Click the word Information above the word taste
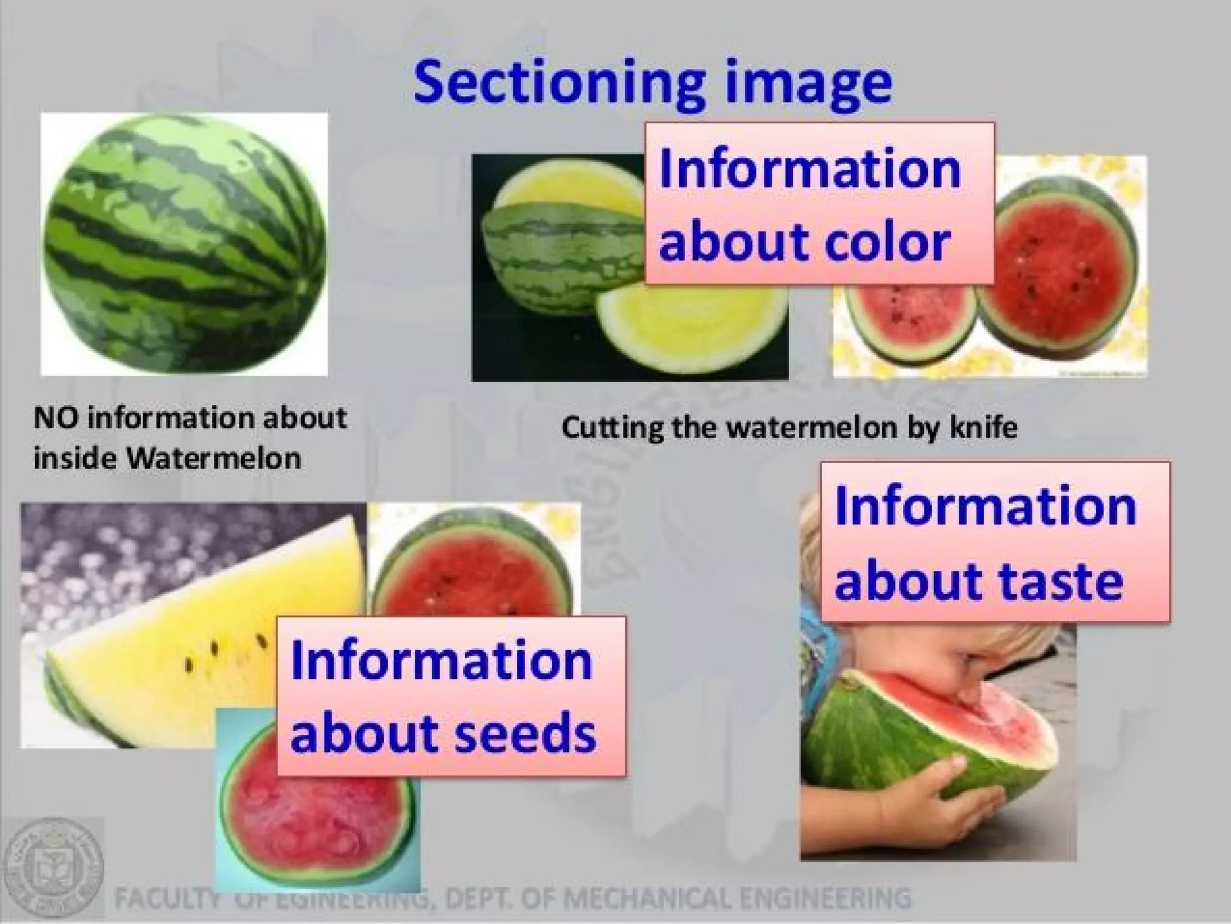986,506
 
